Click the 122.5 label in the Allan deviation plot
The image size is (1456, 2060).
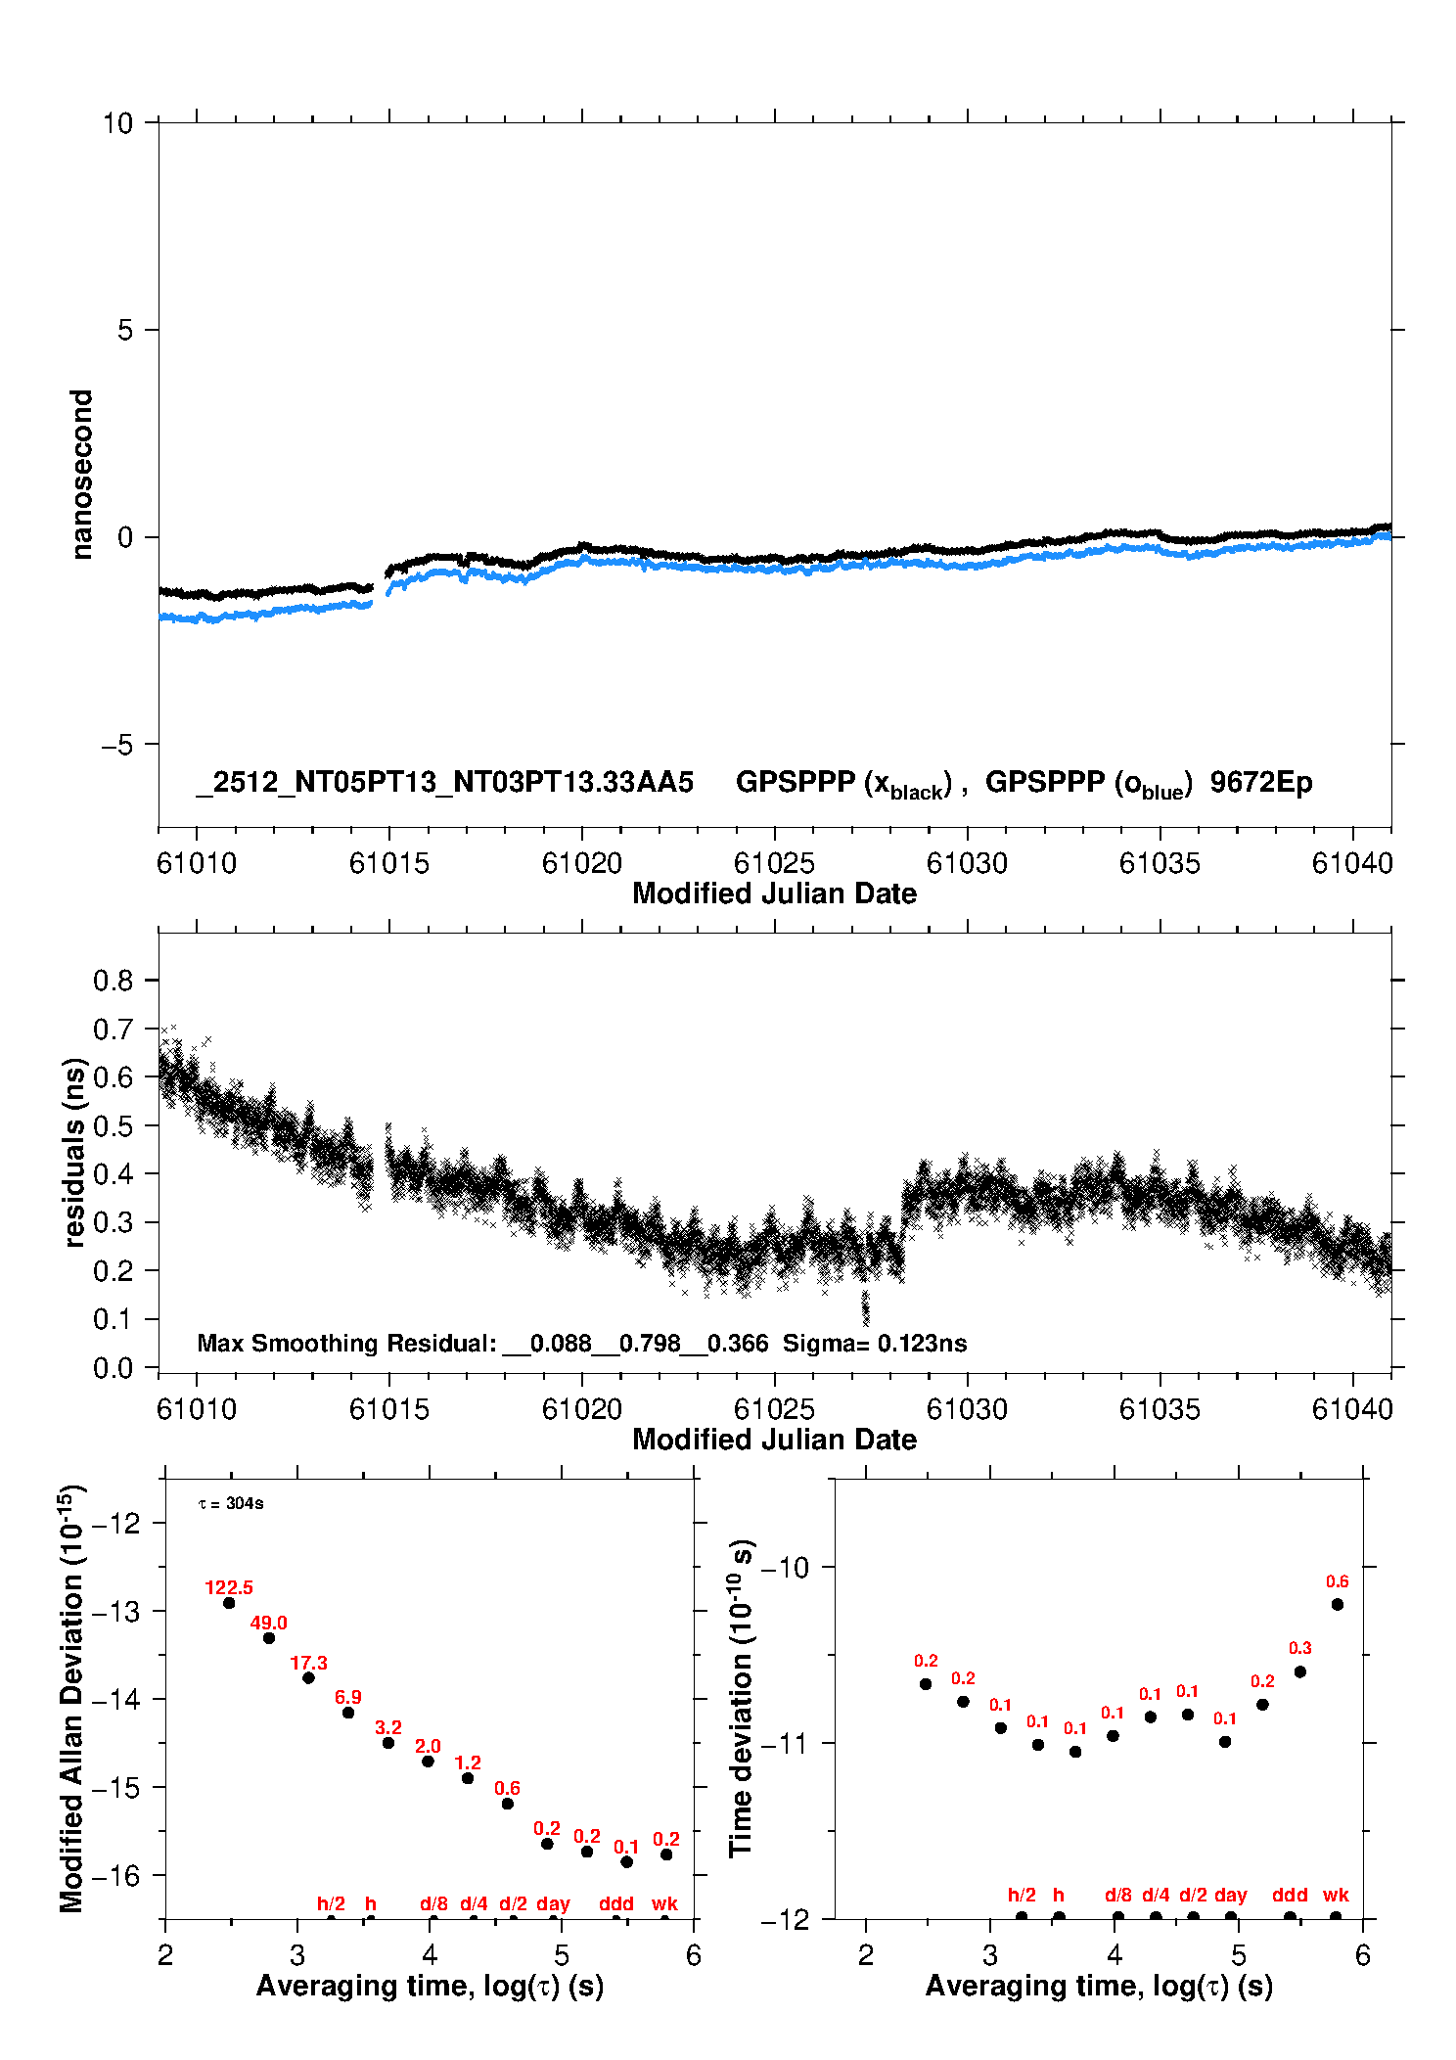[229, 1587]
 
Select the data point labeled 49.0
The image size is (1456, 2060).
[269, 1637]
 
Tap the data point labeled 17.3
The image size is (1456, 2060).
[308, 1677]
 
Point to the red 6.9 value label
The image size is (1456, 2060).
[348, 1697]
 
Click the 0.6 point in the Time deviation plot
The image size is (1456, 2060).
[1337, 1604]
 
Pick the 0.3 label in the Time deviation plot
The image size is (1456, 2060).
[1299, 1648]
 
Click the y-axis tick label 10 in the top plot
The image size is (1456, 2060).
[117, 123]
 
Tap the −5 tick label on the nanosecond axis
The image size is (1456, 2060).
[116, 745]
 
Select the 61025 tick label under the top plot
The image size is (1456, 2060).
[774, 863]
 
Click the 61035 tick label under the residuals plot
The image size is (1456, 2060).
[1160, 1409]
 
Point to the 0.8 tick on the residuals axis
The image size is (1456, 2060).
[113, 981]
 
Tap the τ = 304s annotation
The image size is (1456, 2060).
[231, 1503]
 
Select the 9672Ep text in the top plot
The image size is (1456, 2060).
[1260, 782]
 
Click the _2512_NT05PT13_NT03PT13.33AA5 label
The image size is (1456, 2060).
[444, 782]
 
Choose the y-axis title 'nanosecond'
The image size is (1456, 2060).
[82, 475]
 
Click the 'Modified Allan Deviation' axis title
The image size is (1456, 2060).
[72, 1698]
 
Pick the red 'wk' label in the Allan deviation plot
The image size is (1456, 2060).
[664, 1903]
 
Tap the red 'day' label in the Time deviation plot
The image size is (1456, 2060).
[1230, 1895]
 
